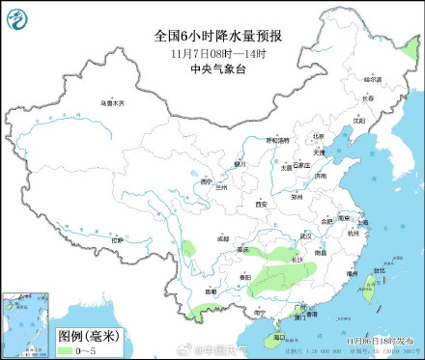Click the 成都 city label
coord(224,236)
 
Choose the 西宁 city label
coord(205,181)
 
